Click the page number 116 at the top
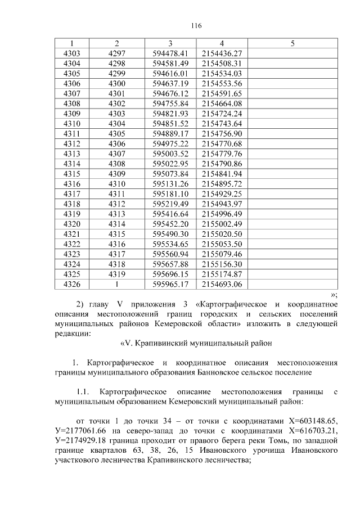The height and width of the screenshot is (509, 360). [196, 26]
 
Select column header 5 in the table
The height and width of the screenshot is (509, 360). [292, 43]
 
